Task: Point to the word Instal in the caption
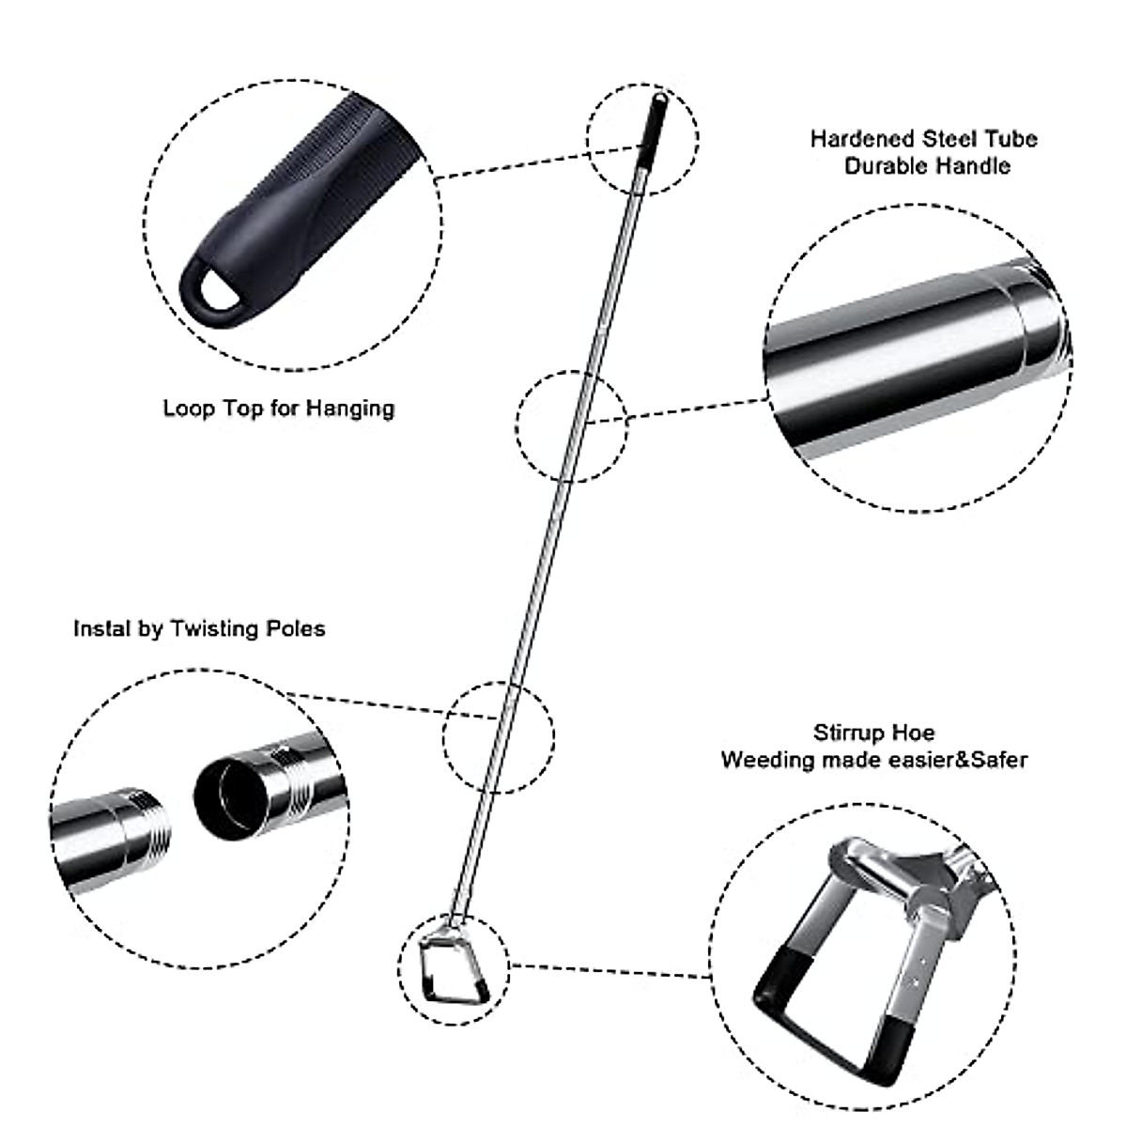102,628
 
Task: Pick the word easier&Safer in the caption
958,759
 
